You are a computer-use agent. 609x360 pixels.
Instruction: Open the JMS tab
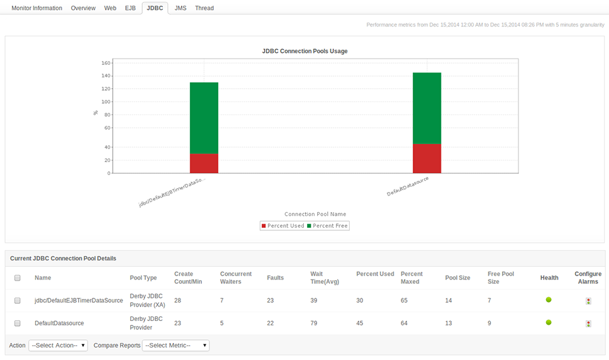point(181,8)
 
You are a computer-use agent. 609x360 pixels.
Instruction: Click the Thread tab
point(204,8)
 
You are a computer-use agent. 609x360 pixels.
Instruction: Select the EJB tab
point(130,8)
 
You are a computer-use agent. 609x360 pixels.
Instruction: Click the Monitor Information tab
point(36,8)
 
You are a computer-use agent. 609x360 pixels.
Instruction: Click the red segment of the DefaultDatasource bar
point(427,159)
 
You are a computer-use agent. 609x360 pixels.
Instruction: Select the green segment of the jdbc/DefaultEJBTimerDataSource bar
point(204,118)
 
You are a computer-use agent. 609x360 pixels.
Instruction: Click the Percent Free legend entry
point(327,225)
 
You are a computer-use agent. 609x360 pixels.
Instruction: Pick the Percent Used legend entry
point(282,225)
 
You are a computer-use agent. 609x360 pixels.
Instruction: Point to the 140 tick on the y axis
point(106,76)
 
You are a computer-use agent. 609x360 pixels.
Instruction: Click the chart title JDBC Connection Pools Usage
point(304,51)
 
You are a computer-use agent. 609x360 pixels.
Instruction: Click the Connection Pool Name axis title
point(315,214)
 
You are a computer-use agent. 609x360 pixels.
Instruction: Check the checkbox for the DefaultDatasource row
point(18,323)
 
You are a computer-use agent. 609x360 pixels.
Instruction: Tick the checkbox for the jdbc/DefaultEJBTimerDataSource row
point(18,301)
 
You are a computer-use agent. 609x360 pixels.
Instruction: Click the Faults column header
point(275,278)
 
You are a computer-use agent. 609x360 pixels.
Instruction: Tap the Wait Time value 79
point(314,323)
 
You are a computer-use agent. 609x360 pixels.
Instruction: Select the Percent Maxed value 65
point(405,301)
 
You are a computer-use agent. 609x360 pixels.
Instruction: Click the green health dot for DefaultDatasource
point(549,322)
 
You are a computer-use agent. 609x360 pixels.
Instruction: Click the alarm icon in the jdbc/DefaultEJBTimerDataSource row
point(588,301)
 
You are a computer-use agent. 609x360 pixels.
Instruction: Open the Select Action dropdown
point(58,346)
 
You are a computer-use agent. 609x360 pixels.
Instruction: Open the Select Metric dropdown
point(176,346)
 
